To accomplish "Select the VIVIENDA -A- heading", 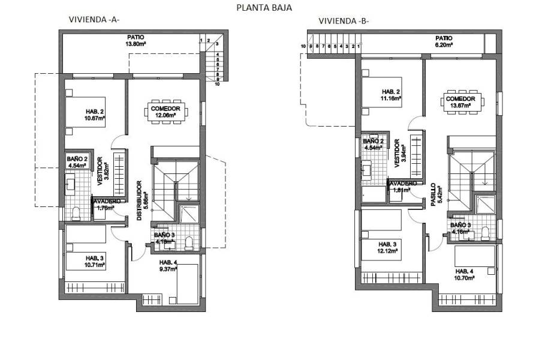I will tap(94, 19).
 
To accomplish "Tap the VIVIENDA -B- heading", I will tap(344, 21).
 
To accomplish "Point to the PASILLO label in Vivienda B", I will tap(433, 195).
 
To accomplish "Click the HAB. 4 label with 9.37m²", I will tap(168, 266).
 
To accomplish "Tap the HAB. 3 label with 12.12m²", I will tap(387, 247).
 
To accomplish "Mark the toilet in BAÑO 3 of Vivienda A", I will tap(189, 242).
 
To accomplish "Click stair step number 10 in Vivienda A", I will tap(216, 85).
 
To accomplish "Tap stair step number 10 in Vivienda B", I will tap(304, 46).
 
